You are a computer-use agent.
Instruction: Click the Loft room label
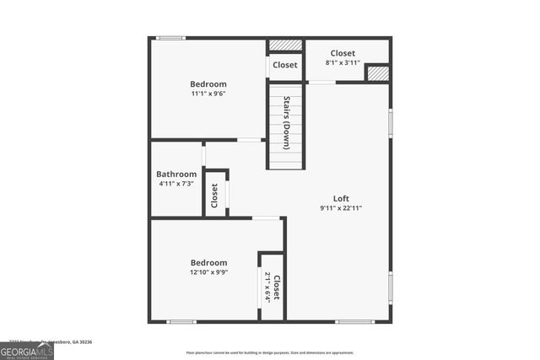pyautogui.click(x=341, y=199)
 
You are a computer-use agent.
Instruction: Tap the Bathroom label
pyautogui.click(x=176, y=175)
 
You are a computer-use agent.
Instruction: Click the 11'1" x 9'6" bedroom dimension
pyautogui.click(x=208, y=94)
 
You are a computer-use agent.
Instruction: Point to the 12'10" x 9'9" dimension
pyautogui.click(x=208, y=272)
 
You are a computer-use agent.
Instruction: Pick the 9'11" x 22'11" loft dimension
pyautogui.click(x=341, y=208)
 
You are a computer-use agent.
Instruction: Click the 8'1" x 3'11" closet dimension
pyautogui.click(x=343, y=62)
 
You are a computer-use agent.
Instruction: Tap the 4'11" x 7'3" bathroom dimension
pyautogui.click(x=176, y=184)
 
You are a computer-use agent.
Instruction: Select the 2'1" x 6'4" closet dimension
pyautogui.click(x=268, y=287)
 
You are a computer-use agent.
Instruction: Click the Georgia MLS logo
pyautogui.click(x=27, y=348)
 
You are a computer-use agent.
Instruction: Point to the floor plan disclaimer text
pyautogui.click(x=270, y=352)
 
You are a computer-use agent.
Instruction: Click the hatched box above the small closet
pyautogui.click(x=285, y=45)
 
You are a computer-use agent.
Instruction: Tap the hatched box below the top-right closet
pyautogui.click(x=378, y=73)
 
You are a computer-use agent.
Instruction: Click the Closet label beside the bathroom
pyautogui.click(x=214, y=195)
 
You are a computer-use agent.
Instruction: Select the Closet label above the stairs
pyautogui.click(x=285, y=65)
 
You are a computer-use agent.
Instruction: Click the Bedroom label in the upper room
pyautogui.click(x=208, y=84)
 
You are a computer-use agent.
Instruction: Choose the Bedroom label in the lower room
pyautogui.click(x=208, y=263)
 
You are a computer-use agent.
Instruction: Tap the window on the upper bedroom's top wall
pyautogui.click(x=171, y=38)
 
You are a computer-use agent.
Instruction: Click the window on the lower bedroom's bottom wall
pyautogui.click(x=181, y=321)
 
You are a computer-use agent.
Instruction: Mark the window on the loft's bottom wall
pyautogui.click(x=354, y=321)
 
